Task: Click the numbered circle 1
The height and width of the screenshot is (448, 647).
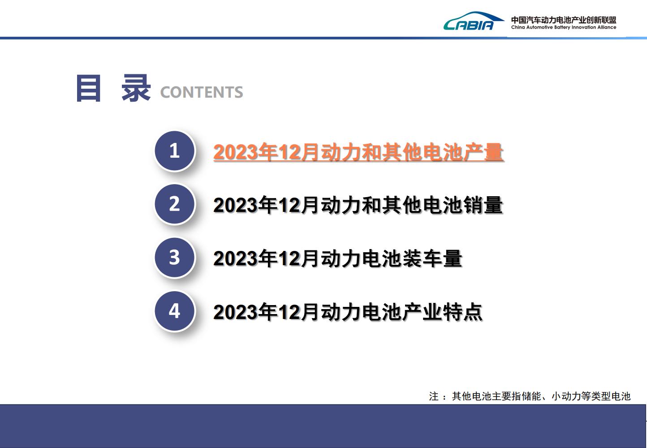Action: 174,151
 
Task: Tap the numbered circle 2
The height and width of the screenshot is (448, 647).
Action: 174,204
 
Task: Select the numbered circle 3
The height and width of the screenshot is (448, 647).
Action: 174,257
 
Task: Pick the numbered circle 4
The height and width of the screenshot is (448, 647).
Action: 174,311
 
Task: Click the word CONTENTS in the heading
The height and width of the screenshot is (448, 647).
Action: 202,92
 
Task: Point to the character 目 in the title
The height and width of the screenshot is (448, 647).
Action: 88,88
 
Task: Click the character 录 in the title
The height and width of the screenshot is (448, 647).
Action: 136,88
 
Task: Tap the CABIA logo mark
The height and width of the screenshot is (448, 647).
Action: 474,21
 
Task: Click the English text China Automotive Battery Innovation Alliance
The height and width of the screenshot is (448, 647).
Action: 564,27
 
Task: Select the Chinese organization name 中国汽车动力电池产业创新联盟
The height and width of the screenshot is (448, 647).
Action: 564,20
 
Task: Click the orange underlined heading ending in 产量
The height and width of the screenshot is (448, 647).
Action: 358,152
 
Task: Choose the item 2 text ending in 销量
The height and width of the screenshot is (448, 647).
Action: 358,205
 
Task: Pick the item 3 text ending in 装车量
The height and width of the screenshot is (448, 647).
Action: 338,258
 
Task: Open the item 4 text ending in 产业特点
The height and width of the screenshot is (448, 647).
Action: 348,312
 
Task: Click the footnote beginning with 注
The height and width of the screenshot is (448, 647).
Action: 530,396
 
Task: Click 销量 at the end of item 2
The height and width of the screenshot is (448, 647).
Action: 483,205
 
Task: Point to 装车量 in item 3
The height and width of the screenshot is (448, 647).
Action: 432,258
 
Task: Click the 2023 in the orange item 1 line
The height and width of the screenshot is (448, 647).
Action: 235,152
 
